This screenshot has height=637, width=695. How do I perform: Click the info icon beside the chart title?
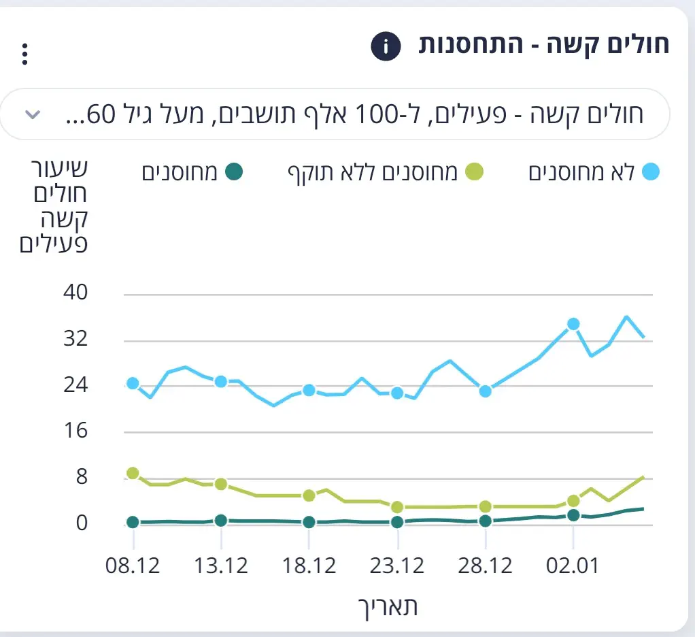tap(385, 47)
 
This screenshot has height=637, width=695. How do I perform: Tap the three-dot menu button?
tap(25, 54)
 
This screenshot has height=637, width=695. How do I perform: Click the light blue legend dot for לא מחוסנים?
tap(651, 172)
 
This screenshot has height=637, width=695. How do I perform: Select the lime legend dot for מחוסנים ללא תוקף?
tap(474, 172)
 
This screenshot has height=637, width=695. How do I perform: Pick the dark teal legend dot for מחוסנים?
tap(233, 172)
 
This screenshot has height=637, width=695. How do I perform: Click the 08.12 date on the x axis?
tap(133, 566)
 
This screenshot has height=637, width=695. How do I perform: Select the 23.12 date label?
tap(398, 566)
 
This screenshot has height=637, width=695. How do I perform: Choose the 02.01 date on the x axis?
tap(574, 566)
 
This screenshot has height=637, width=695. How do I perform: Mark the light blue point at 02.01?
tap(573, 324)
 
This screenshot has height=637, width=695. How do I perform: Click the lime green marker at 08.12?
tap(133, 473)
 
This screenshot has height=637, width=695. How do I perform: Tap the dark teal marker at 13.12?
tap(220, 521)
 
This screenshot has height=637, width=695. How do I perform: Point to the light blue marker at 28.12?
tap(486, 391)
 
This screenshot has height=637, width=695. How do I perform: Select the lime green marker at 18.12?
tap(309, 495)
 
